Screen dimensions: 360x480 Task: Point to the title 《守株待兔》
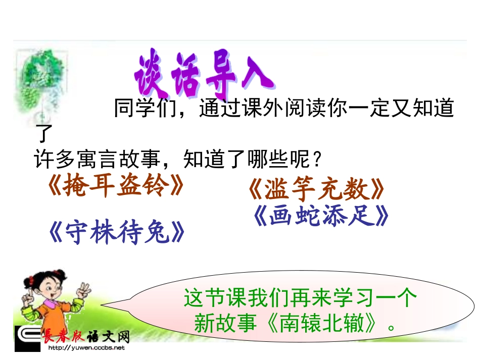point(117,233)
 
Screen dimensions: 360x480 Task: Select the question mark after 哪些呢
point(316,160)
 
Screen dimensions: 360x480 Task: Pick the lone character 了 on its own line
point(44,134)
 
